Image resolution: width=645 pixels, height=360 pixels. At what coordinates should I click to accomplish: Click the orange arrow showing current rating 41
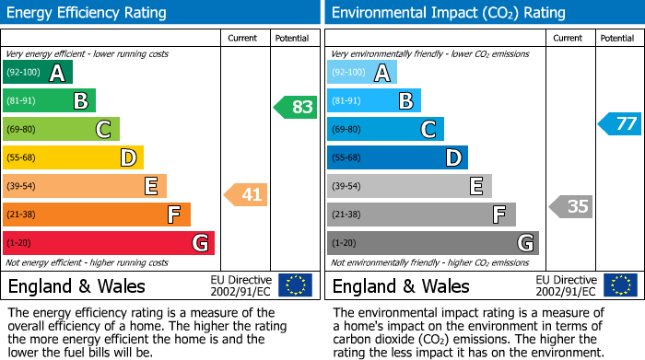pos(245,194)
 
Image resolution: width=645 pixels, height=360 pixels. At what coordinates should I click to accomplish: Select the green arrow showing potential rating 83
pos(295,108)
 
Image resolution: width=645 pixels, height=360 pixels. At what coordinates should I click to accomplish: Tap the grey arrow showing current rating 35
pos(570,206)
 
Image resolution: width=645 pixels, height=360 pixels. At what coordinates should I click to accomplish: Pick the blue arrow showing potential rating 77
pos(619,123)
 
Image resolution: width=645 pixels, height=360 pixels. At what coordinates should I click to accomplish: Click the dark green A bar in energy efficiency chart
pos(37,73)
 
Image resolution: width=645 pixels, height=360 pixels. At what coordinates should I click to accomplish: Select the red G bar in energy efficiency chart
pos(109,243)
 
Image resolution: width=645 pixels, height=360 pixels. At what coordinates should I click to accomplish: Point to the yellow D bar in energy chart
pos(73,158)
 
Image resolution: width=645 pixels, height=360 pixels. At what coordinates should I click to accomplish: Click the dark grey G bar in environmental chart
pos(432,243)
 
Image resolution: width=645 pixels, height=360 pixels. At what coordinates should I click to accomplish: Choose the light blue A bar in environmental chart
pos(362,73)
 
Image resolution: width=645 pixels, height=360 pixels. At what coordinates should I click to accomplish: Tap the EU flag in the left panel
pos(295,285)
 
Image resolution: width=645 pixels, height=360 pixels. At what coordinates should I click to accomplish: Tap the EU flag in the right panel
pos(621,285)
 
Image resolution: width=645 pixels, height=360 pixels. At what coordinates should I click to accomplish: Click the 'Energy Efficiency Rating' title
pos(88,13)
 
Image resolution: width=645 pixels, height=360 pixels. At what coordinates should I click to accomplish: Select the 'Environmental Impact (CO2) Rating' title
pos(448,13)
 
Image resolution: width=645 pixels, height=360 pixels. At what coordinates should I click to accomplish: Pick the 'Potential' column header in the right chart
pos(617,38)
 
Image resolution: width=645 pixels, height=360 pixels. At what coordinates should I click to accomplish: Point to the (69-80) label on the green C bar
pos(22,130)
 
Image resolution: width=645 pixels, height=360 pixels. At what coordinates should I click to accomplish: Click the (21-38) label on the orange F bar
pos(22,215)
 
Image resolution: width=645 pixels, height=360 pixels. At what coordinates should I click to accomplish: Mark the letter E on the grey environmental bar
pos(475,187)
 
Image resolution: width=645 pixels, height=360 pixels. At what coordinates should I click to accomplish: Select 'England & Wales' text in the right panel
pos(401,285)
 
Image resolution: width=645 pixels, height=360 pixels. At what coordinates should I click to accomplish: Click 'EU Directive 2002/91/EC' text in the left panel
pos(241,285)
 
